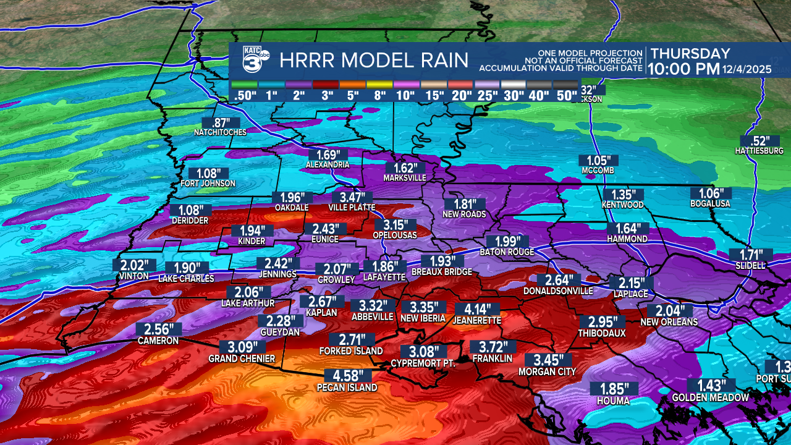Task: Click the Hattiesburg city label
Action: pos(759,151)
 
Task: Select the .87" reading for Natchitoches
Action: pos(220,122)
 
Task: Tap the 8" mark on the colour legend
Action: pos(379,95)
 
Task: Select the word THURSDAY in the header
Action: pos(690,54)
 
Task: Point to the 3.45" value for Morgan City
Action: pos(548,360)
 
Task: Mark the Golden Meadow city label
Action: pos(710,397)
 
